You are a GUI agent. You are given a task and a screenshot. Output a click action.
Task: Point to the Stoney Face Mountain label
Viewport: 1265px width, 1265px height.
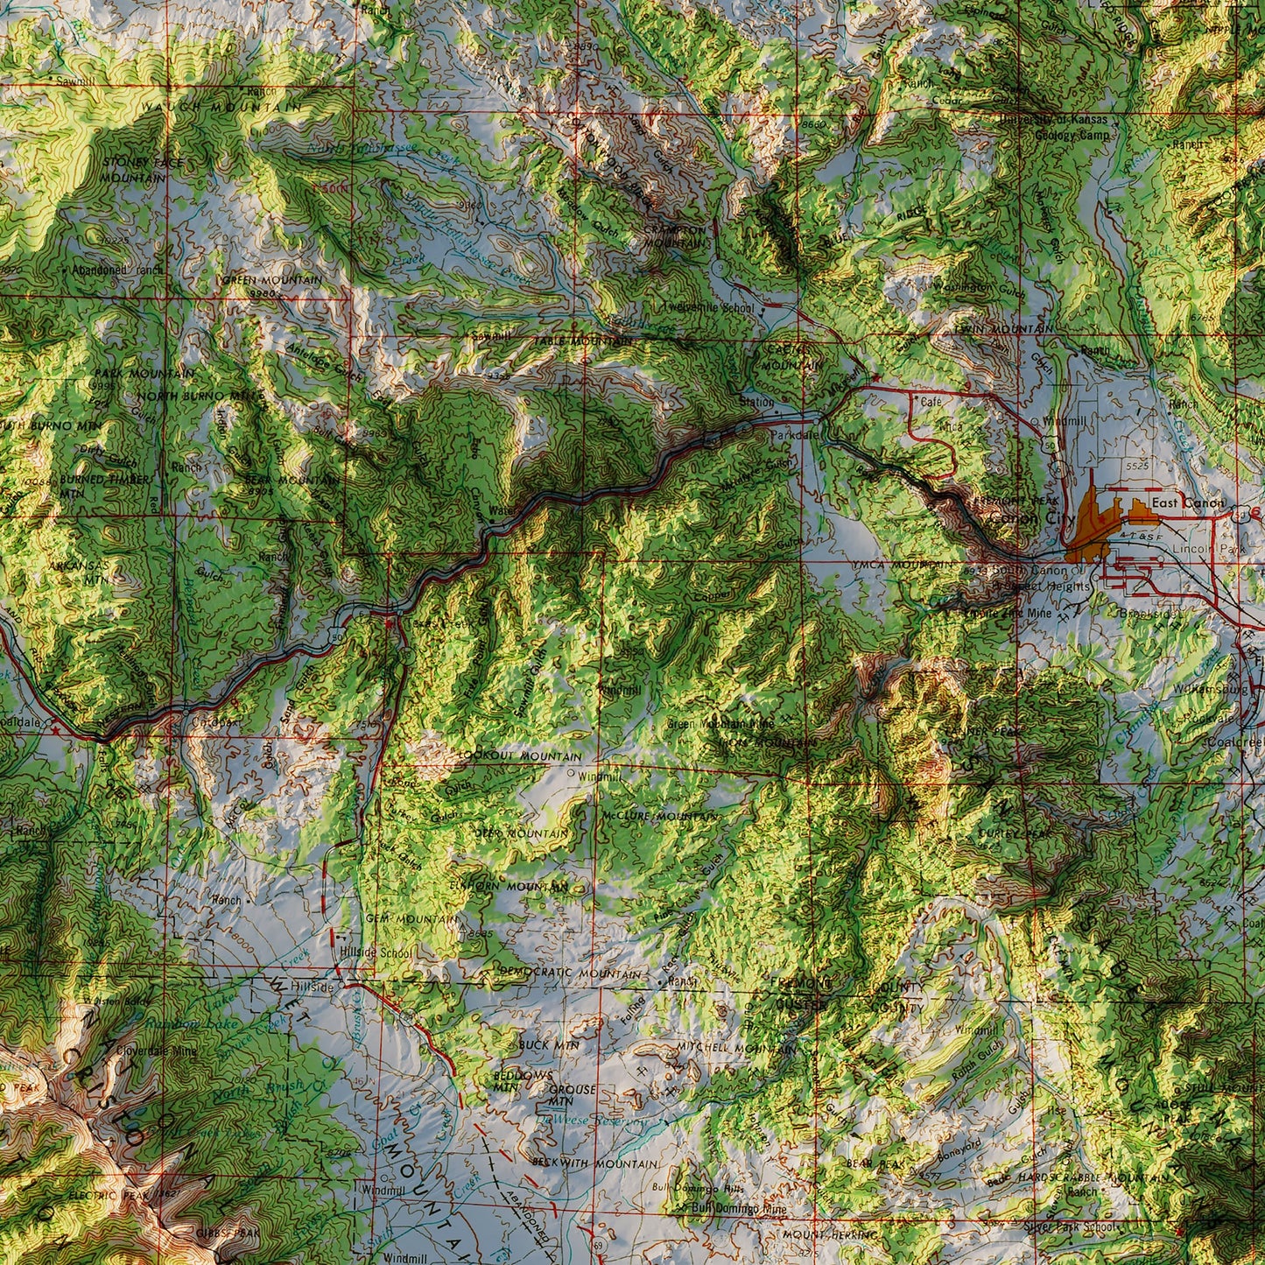tap(133, 169)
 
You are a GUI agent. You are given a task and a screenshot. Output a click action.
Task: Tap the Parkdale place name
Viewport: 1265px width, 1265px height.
tap(794, 435)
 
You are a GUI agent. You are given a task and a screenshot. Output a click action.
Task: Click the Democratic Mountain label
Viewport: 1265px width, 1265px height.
tap(570, 973)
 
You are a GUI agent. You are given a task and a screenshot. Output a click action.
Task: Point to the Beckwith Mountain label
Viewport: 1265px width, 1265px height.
tap(594, 1163)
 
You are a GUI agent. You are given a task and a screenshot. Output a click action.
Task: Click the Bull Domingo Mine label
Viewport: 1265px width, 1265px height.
tap(739, 1208)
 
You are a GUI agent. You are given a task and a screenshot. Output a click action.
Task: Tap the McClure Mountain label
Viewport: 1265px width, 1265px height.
tap(658, 816)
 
